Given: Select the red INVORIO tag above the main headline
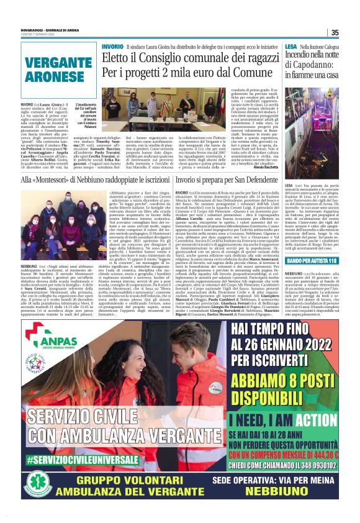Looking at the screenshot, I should [x=112, y=47].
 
